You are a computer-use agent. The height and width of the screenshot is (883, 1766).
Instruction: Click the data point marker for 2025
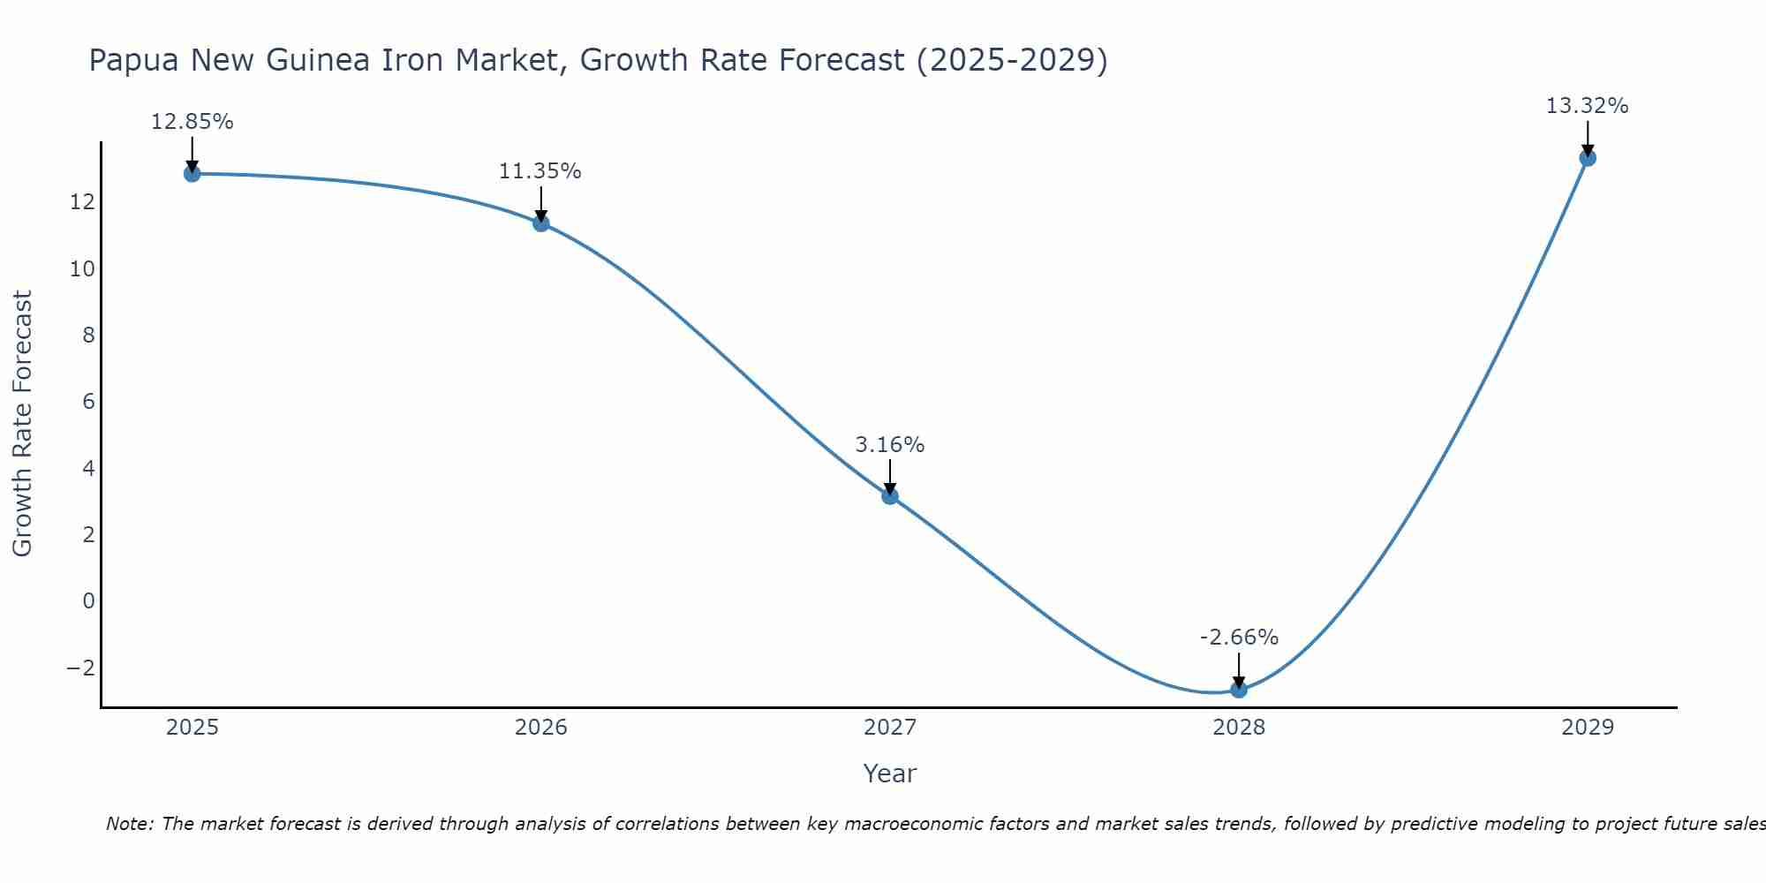192,173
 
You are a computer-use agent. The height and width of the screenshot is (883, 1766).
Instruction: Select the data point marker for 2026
541,223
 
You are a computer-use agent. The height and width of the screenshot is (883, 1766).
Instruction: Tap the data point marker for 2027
890,495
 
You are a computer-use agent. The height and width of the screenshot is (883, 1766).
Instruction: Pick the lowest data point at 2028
1239,690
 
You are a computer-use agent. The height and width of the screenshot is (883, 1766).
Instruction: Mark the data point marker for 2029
1588,158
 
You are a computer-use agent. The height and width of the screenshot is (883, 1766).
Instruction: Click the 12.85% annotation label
192,122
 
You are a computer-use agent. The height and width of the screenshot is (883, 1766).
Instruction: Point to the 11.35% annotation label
540,171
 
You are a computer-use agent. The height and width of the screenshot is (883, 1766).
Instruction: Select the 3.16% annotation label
890,445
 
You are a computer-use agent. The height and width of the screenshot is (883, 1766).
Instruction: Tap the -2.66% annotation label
1239,638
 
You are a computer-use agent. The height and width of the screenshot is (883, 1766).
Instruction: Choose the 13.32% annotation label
1587,106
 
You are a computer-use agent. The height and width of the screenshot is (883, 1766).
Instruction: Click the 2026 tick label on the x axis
541,728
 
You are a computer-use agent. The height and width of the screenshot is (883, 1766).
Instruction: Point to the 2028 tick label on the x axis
1239,728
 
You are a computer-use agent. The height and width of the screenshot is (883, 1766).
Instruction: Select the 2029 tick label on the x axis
1588,728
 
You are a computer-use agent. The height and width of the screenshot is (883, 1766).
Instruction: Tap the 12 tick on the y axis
82,202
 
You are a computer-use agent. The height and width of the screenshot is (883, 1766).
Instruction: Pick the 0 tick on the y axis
88,601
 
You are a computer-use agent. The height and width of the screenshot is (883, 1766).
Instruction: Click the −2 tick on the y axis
80,668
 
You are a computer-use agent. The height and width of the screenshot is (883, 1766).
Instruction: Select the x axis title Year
890,774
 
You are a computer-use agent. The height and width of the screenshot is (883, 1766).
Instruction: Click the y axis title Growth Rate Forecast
22,424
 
